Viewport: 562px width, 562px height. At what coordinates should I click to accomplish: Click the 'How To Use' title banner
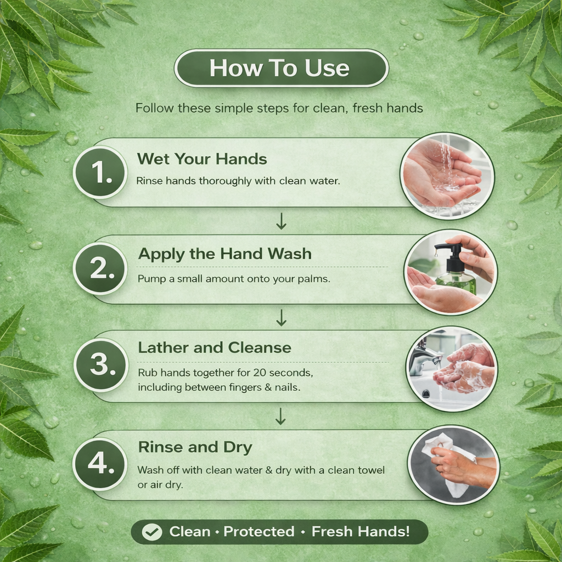tap(282, 68)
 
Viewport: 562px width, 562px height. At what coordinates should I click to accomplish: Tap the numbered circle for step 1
tap(100, 172)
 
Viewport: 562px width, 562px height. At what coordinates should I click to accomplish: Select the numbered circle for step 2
tap(100, 268)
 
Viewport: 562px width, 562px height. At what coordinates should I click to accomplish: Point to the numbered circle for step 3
tap(102, 365)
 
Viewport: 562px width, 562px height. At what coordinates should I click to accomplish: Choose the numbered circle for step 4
tap(100, 464)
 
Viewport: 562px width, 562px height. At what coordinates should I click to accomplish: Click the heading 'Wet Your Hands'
tap(202, 159)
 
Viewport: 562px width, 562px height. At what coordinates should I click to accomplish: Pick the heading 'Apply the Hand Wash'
tap(224, 254)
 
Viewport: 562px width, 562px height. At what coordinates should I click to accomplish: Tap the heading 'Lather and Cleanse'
tap(215, 347)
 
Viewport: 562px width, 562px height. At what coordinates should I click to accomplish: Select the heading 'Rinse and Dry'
tap(195, 447)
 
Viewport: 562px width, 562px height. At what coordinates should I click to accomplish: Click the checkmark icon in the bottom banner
tap(151, 532)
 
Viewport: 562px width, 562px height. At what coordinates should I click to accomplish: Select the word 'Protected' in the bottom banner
tap(259, 531)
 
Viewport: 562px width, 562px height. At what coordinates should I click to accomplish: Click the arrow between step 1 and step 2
tap(282, 221)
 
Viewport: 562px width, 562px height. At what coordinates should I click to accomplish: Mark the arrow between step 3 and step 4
tap(280, 417)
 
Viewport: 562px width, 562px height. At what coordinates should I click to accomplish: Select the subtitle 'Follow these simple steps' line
tap(279, 108)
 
